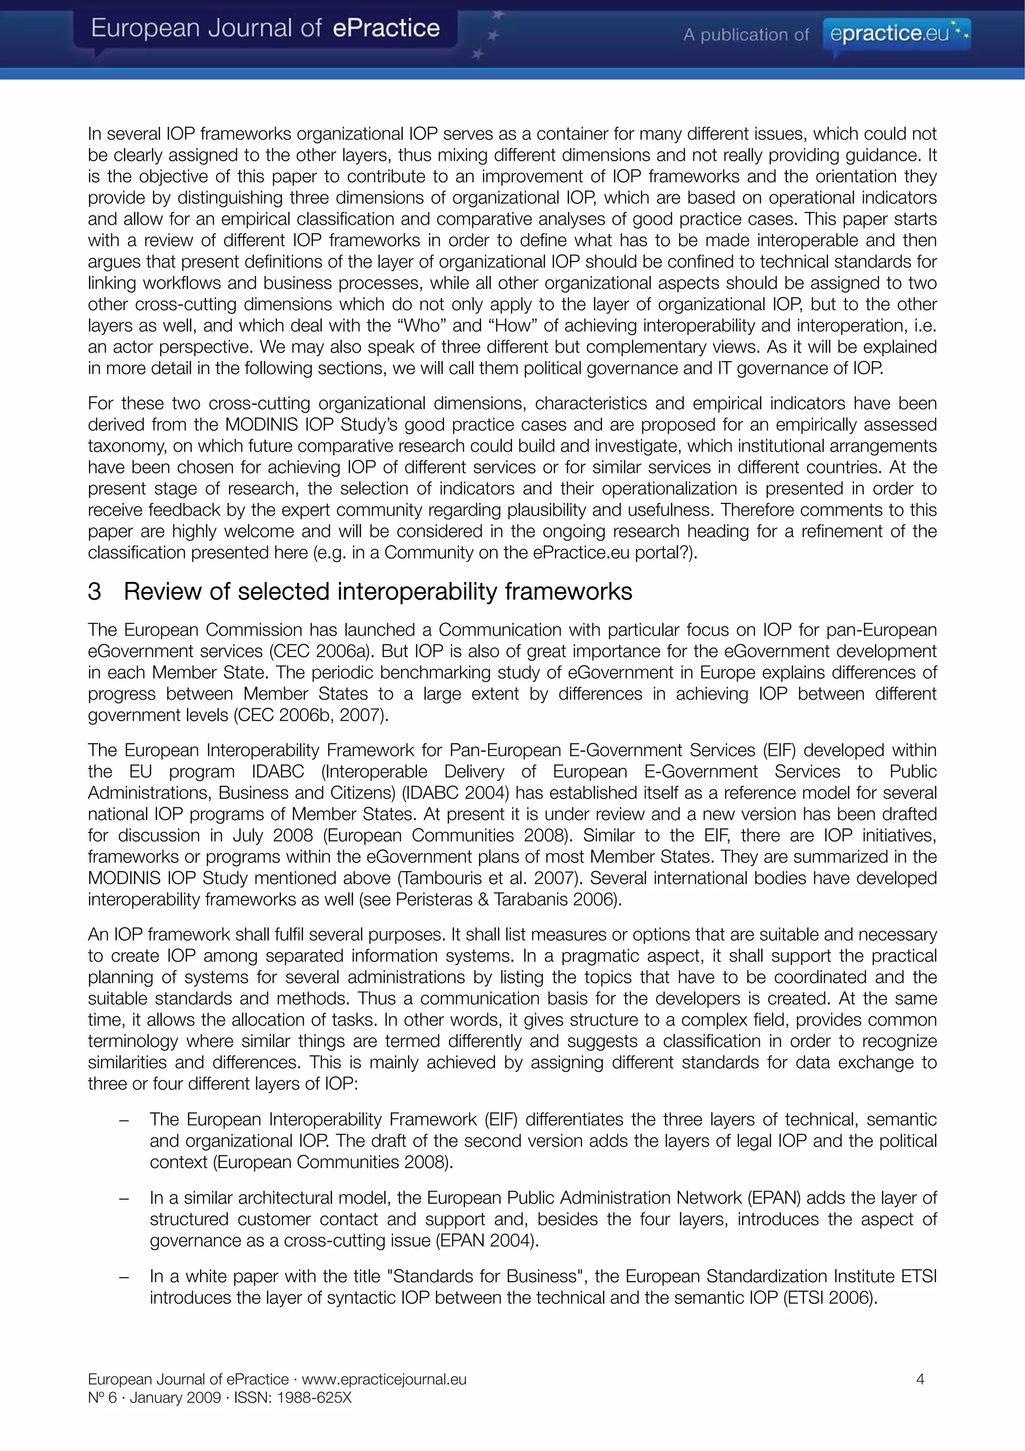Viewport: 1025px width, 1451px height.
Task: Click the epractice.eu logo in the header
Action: (896, 33)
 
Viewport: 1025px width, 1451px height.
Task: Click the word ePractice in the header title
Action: (386, 29)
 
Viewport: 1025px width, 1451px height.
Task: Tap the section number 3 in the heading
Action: (94, 592)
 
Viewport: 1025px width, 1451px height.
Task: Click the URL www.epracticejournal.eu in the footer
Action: (384, 1379)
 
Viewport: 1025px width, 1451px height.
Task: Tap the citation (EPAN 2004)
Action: (487, 1240)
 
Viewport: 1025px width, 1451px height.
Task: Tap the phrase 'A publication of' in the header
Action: (745, 35)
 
